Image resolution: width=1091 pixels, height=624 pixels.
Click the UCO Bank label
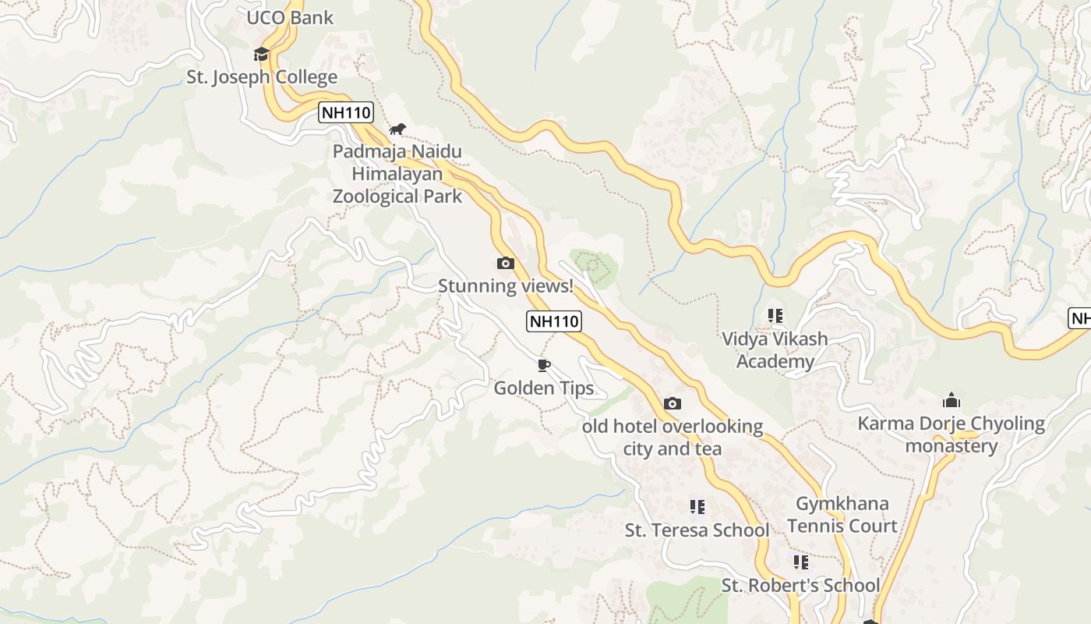(290, 18)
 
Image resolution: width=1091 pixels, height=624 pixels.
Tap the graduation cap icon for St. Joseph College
(261, 54)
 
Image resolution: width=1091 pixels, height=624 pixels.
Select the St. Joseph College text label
(262, 77)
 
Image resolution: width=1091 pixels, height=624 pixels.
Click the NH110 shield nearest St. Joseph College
(346, 112)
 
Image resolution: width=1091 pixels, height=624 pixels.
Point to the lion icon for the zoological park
(397, 129)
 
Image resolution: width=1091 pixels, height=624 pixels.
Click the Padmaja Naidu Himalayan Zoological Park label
(397, 174)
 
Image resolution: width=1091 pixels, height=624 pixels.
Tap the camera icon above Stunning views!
(506, 264)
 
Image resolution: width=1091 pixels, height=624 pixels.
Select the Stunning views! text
(506, 286)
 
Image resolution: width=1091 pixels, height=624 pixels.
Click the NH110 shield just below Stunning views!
(554, 321)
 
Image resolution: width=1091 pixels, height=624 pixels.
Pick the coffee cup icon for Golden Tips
(543, 365)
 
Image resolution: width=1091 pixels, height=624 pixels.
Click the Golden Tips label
(544, 388)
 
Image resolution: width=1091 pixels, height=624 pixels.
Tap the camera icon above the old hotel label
(673, 403)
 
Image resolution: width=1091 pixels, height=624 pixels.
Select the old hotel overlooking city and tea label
(673, 438)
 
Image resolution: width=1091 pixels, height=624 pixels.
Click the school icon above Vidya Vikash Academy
(775, 316)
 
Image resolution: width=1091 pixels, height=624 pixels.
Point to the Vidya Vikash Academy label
(775, 350)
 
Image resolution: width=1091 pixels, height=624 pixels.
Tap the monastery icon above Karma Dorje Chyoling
(951, 401)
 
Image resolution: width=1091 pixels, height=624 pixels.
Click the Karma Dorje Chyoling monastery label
(951, 434)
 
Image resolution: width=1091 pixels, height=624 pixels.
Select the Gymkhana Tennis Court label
(842, 515)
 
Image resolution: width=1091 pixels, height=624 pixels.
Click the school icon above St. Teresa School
(697, 507)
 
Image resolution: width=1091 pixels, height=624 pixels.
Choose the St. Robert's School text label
(800, 585)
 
